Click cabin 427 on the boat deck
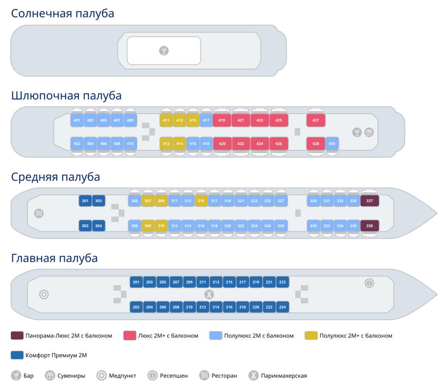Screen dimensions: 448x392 pos(316,120)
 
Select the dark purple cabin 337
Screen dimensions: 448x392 pos(369,201)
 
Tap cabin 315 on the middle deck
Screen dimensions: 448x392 pos(201,201)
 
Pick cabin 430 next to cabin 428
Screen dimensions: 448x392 pos(332,143)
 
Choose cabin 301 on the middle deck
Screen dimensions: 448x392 pos(85,201)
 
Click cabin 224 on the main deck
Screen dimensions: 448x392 pos(282,307)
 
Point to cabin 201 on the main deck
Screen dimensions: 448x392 pos(136,282)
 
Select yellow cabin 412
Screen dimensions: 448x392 pos(166,143)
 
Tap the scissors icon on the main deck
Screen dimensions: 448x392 pos(209,295)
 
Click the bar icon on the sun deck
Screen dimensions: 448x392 pos(164,51)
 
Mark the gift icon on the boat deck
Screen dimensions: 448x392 pos(369,132)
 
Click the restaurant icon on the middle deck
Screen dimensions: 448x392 pos(39,213)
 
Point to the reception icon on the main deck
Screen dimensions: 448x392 pos(369,283)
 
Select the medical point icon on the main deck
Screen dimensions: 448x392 pos(44,295)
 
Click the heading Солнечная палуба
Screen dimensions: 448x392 pos(63,14)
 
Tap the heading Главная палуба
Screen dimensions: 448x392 pos(54,258)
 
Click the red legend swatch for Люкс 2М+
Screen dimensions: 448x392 pos(130,335)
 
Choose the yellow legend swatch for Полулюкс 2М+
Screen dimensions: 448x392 pos(311,335)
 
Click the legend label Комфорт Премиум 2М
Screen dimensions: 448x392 pos(56,355)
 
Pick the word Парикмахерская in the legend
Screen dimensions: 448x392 pos(284,376)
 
